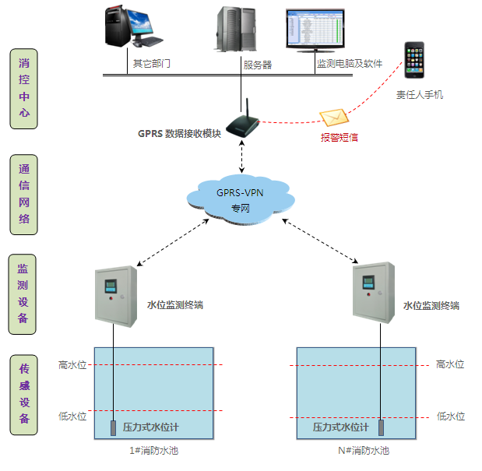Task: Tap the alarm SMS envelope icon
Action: point(332,117)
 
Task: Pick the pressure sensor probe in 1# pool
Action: point(114,429)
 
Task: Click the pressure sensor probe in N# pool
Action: point(382,428)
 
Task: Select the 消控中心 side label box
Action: point(24,88)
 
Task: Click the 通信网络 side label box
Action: point(24,195)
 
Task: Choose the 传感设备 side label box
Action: point(24,395)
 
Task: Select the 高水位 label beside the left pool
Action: point(72,364)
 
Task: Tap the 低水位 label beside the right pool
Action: point(450,417)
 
